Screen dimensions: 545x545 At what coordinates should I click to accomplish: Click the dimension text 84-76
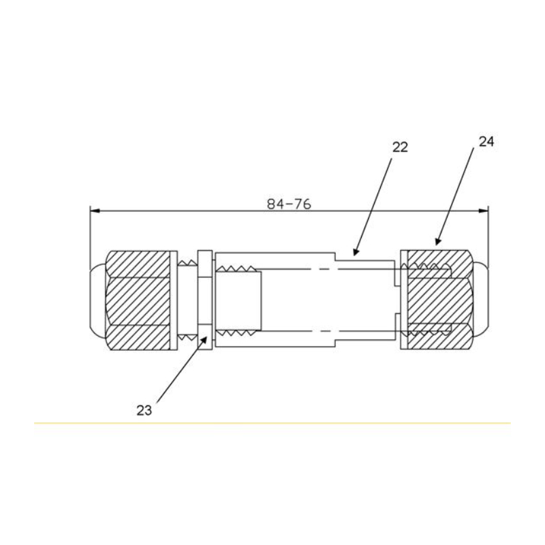coord(289,204)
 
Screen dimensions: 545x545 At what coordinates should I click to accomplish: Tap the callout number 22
coord(400,147)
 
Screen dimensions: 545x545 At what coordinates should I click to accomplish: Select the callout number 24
coord(486,142)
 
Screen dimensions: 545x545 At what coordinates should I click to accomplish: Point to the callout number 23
coord(144,411)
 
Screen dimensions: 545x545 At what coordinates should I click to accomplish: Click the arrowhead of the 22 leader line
coord(355,252)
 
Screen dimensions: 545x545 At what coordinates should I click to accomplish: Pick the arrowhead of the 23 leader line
coord(206,339)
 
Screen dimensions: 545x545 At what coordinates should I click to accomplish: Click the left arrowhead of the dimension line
coord(95,211)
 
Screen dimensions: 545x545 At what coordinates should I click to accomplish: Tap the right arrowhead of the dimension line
coord(483,211)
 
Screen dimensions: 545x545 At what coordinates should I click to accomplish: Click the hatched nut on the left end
coord(138,300)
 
